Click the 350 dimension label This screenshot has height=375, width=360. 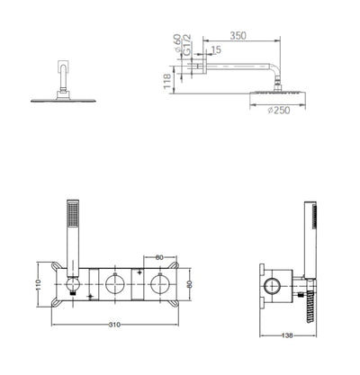tap(238, 36)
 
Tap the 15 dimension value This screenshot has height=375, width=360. tap(216, 49)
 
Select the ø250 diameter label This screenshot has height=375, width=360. tap(279, 111)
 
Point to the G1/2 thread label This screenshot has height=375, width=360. tap(187, 44)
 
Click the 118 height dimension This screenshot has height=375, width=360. tap(167, 81)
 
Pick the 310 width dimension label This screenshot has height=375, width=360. tap(114, 325)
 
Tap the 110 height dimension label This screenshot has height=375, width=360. tap(38, 285)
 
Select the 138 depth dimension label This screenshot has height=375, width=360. tap(287, 335)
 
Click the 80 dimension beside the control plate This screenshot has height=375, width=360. tap(189, 284)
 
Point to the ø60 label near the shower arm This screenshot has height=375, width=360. tap(177, 42)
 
